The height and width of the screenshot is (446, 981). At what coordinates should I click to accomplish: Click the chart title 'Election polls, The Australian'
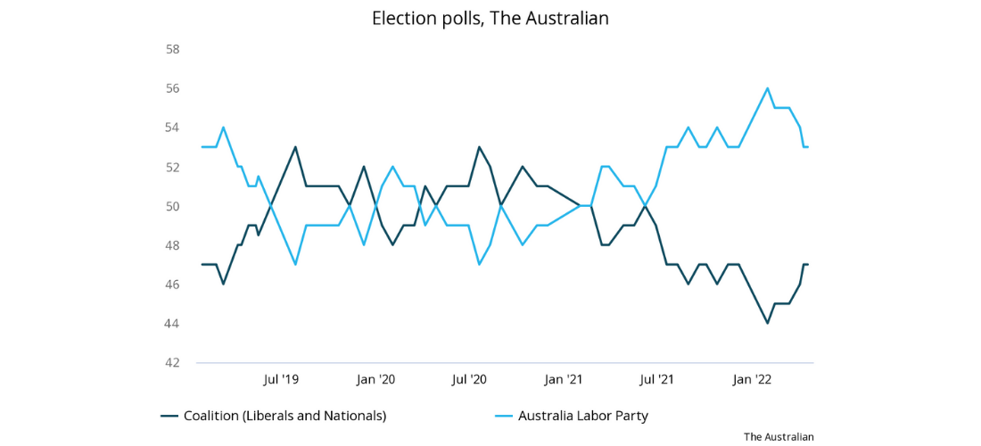490,18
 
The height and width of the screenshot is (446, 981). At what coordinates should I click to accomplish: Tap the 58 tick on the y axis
173,49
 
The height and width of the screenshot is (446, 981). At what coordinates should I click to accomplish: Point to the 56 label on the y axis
173,88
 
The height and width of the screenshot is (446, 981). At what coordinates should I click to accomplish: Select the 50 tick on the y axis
173,206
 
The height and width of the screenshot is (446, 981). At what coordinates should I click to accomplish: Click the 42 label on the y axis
173,363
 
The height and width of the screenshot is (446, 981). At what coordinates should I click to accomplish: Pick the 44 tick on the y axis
173,324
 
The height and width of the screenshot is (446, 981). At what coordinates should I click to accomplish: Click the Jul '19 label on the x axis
281,380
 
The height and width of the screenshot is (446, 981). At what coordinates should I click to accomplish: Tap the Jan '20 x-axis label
375,380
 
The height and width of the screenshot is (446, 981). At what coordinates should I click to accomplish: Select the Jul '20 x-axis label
469,380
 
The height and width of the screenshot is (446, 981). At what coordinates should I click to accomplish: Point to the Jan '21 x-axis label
564,380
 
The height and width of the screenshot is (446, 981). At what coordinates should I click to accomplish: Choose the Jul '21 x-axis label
657,380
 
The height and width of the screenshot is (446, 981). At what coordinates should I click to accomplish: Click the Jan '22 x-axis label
752,380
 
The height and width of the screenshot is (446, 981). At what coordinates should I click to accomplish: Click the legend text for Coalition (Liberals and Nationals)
284,416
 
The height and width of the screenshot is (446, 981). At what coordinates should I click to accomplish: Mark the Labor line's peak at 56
767,88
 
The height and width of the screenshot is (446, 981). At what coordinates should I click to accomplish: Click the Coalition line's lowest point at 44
767,323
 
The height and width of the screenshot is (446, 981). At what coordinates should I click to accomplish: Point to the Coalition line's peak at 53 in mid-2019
295,147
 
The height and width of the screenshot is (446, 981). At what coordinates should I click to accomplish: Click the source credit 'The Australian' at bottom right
779,436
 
